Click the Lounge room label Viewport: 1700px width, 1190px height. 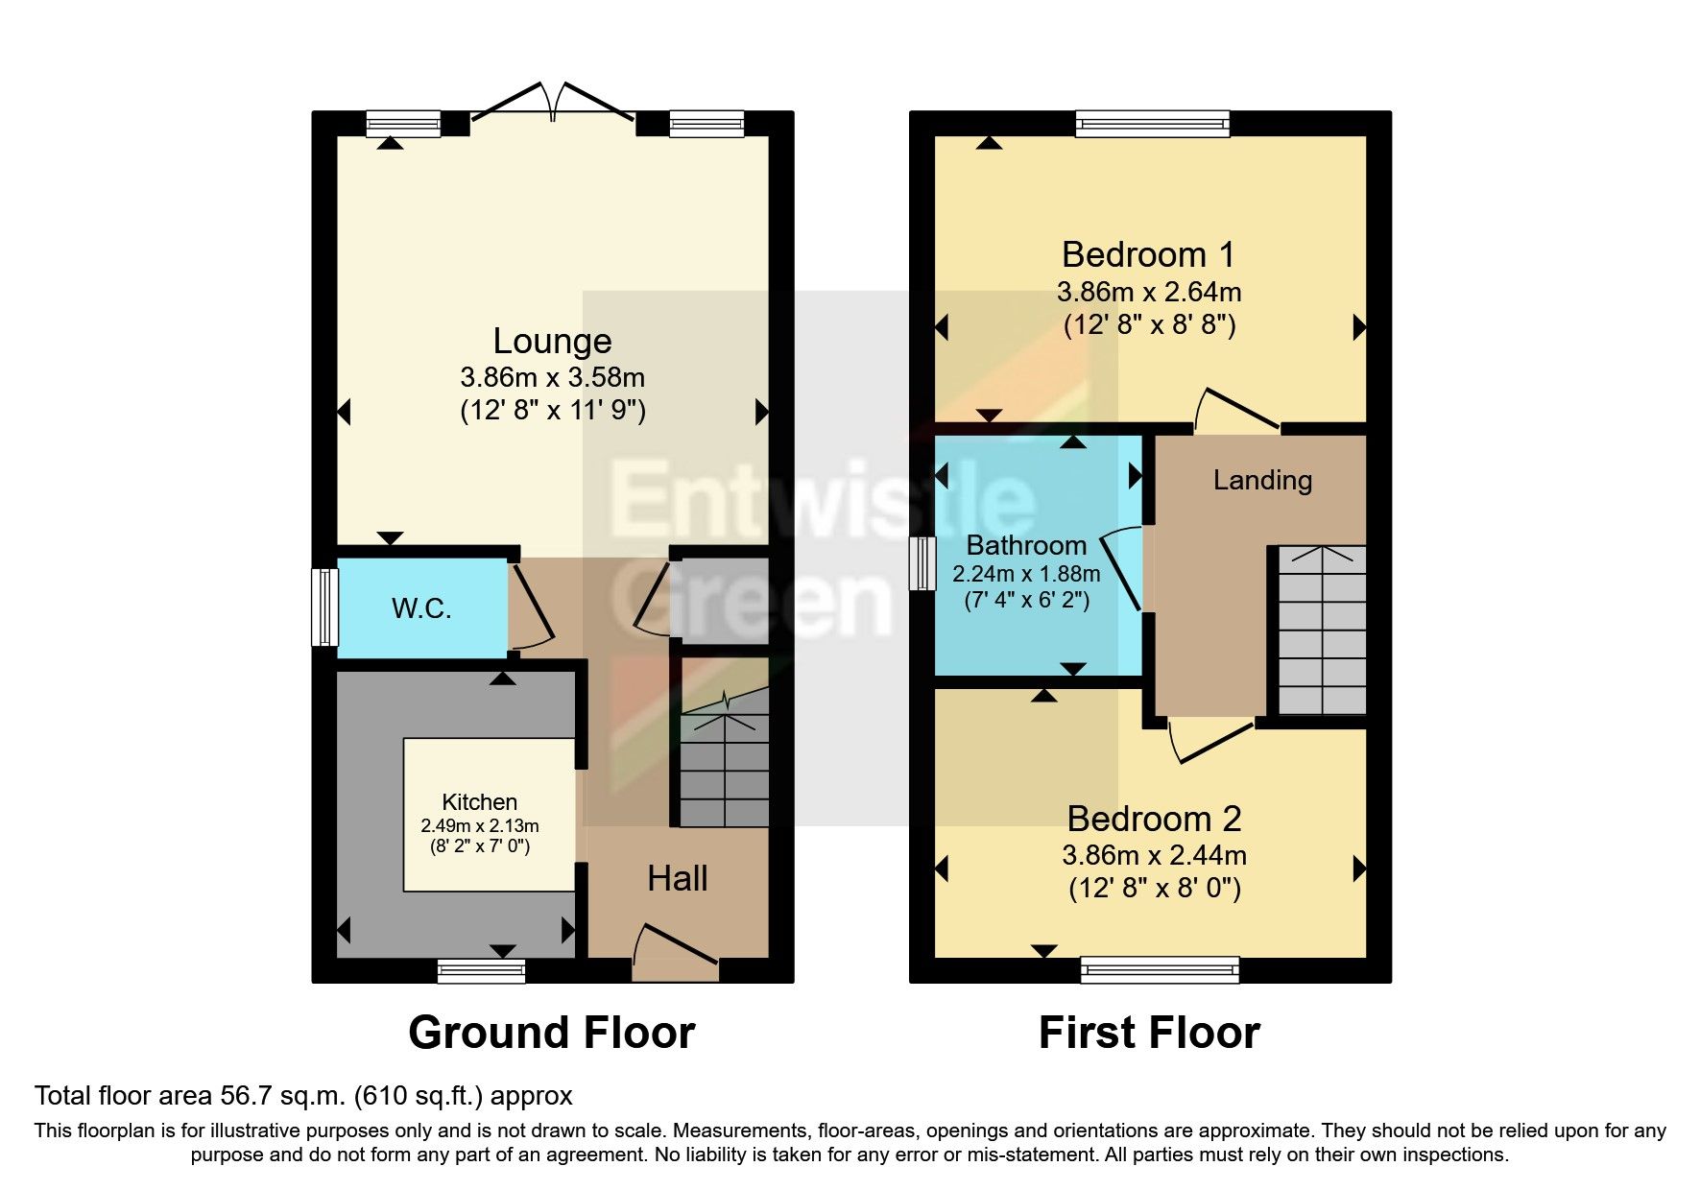pos(552,342)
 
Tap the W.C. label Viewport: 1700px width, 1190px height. pos(421,608)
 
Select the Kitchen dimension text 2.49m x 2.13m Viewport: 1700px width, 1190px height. pos(480,825)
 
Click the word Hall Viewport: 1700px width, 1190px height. pos(678,878)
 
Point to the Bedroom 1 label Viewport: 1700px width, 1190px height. pos(1148,254)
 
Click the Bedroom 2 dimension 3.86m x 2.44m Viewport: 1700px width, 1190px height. pos(1155,854)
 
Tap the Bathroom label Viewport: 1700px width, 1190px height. pos(1026,545)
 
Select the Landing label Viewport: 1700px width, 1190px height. pos(1262,480)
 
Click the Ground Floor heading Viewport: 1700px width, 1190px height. pos(551,1033)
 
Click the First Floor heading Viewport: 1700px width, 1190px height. pos(1149,1033)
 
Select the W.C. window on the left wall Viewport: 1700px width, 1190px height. pos(325,607)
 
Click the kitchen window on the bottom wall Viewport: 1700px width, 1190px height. pos(481,971)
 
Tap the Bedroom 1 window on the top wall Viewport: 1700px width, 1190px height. pos(1152,123)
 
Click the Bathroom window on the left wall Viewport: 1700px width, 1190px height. pos(922,563)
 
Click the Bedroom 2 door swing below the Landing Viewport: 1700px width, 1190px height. pos(1208,744)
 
